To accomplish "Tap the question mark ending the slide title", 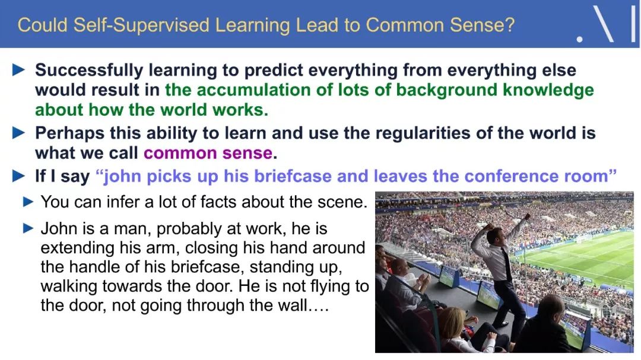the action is [x=509, y=25].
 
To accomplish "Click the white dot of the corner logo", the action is [x=579, y=39].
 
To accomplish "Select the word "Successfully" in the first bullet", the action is [x=89, y=71].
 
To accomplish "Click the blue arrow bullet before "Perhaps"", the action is [x=19, y=133].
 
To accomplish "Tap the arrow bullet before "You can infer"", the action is [x=28, y=202].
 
